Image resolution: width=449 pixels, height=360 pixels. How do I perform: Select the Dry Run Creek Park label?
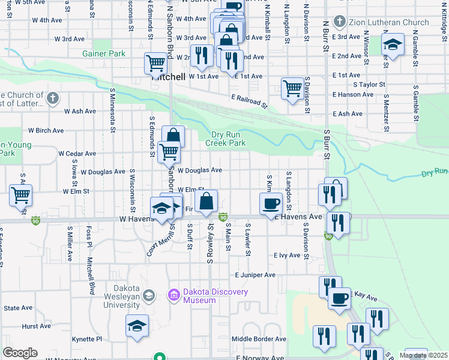click(x=226, y=139)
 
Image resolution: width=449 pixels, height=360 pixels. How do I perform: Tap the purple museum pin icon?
click(x=175, y=295)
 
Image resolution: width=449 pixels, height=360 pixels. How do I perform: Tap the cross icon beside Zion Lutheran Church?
click(x=340, y=23)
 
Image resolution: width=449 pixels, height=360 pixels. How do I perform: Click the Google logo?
click(x=20, y=352)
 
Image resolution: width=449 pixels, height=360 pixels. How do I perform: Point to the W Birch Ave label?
click(x=46, y=130)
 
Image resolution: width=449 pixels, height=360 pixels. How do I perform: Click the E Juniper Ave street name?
click(x=255, y=275)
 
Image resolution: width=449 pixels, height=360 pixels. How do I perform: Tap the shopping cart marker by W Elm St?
click(x=21, y=194)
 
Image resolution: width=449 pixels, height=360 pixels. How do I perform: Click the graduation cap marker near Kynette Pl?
click(x=137, y=326)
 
